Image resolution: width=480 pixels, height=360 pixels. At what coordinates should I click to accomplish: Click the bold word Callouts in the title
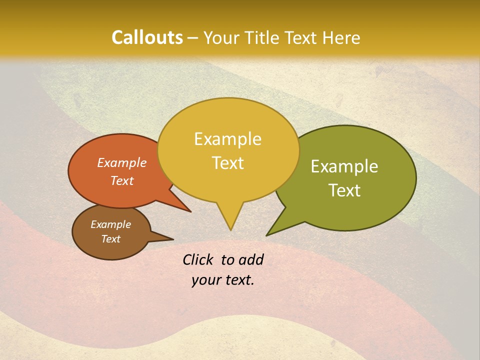[147, 37]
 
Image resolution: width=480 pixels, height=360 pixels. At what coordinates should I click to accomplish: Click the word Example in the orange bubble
[122, 162]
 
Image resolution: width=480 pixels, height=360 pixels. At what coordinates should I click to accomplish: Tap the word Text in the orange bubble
[122, 180]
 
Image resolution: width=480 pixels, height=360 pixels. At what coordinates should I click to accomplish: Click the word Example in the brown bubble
[111, 224]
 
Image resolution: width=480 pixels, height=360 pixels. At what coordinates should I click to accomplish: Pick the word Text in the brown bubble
[111, 238]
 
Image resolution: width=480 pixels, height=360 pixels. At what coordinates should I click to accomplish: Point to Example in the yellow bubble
[228, 139]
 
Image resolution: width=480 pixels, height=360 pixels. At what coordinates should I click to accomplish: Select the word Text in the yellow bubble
[228, 163]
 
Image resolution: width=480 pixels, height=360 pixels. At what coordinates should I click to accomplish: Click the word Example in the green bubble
[344, 166]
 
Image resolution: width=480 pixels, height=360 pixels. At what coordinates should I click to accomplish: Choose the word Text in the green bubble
[344, 190]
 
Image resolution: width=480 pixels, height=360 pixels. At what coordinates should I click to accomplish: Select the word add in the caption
[251, 259]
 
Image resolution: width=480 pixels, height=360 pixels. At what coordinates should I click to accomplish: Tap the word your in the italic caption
[205, 280]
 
